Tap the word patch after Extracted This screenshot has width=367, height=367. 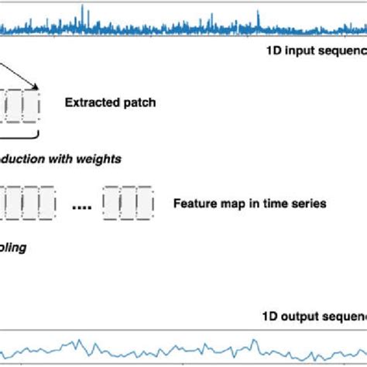(x=138, y=101)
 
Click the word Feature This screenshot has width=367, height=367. (x=194, y=204)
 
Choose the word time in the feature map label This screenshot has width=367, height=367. (x=276, y=204)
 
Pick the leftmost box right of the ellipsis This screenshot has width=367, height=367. (x=111, y=204)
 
